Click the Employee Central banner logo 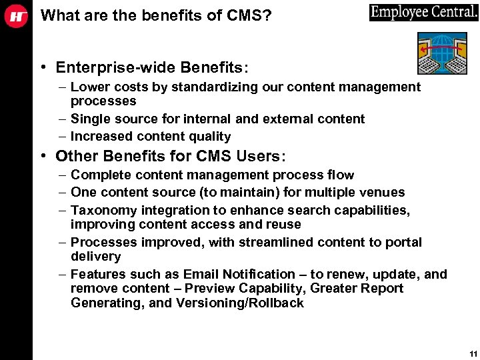pos(423,12)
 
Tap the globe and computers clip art pos(441,53)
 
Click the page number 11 pos(473,353)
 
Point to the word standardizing pos(203,87)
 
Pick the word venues pos(382,192)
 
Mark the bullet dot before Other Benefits pos(42,156)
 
